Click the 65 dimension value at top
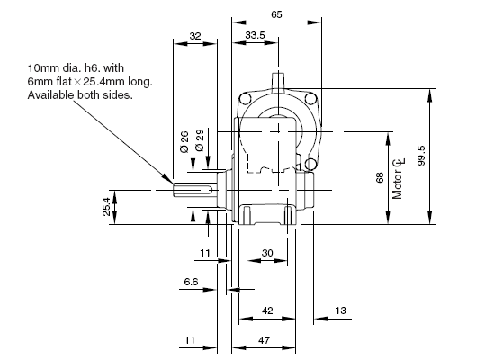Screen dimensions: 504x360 pos(276,14)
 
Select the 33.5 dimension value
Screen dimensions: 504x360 pos(255,35)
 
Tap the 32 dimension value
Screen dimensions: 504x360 pos(195,36)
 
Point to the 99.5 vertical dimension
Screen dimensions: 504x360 pos(421,156)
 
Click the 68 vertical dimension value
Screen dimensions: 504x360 pos(380,177)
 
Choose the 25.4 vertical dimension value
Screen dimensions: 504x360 pos(107,207)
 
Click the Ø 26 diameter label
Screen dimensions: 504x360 pos(184,142)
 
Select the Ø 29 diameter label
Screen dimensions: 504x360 pos(200,140)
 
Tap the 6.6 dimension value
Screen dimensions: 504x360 pos(191,282)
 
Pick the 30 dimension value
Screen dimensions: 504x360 pos(267,253)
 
